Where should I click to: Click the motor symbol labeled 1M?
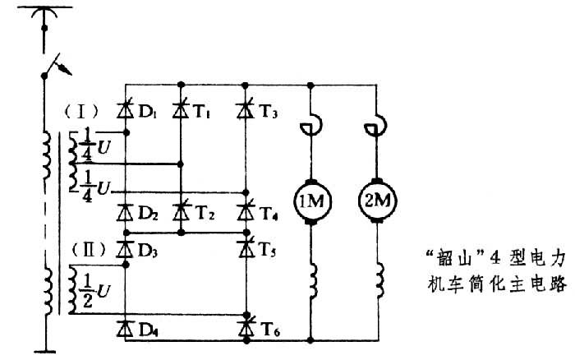tap(310, 201)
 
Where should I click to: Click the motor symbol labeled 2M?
tap(377, 201)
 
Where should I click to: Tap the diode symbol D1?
tap(125, 108)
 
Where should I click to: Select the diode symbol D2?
tap(125, 213)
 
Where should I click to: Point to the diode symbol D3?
tap(125, 244)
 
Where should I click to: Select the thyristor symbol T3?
tap(244, 108)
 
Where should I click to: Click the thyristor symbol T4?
tap(244, 213)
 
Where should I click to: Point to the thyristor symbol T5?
tap(244, 244)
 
